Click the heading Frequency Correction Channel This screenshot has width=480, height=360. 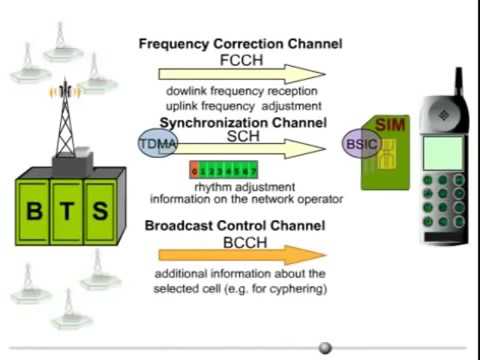point(240,44)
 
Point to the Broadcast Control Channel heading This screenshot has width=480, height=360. point(240,225)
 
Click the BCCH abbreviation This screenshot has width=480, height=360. point(240,241)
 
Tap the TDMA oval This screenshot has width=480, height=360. point(156,146)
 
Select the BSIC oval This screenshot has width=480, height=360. point(359,146)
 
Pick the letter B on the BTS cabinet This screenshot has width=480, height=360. point(35,211)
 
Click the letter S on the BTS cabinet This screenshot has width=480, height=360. point(100,211)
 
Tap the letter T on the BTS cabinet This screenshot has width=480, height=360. point(68,211)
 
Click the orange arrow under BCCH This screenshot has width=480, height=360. point(240,255)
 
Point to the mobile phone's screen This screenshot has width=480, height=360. point(440,151)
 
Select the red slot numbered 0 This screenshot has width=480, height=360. point(194,170)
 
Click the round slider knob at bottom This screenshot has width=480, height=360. point(325,348)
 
